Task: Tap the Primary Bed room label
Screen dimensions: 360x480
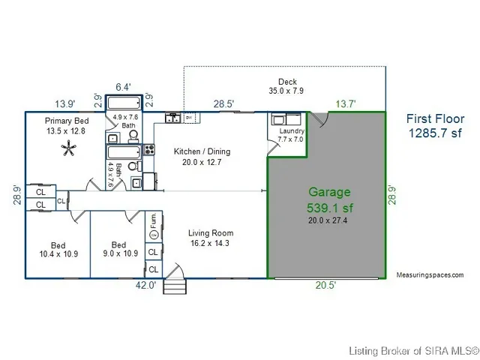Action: (66, 125)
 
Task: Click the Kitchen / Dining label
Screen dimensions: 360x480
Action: (202, 157)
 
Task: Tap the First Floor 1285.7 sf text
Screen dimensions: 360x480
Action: (435, 126)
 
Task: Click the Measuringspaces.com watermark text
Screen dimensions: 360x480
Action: (430, 275)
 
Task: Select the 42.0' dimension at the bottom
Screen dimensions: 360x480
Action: (145, 285)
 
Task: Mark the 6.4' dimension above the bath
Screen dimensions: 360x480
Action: (124, 87)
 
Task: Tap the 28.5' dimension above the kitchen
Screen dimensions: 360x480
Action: (223, 103)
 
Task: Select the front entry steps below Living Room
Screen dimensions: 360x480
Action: (174, 284)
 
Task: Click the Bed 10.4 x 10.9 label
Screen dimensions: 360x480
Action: (58, 250)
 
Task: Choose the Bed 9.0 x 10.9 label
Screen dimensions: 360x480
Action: (118, 250)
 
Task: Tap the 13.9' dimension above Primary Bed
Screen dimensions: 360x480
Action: (65, 103)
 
